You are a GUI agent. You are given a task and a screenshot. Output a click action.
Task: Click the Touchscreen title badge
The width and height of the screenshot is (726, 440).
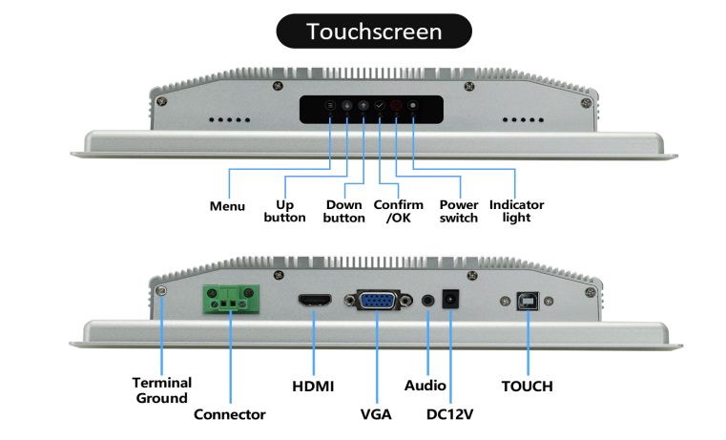tap(374, 31)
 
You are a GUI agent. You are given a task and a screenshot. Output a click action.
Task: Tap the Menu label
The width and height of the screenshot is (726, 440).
tap(227, 206)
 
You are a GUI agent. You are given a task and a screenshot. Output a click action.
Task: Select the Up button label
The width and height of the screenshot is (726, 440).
tap(284, 211)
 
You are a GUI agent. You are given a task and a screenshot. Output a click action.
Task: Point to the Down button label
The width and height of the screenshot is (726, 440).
tap(343, 211)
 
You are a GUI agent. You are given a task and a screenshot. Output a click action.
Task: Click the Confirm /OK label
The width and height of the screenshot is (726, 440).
tap(398, 211)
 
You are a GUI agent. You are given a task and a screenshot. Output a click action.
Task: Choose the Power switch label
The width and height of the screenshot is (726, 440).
tap(458, 211)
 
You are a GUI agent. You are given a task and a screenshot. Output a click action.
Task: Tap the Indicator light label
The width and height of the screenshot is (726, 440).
tap(516, 211)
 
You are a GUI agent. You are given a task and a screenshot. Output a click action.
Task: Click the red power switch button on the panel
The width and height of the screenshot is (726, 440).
tap(396, 106)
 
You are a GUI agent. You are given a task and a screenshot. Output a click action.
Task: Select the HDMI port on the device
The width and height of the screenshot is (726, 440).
tap(313, 302)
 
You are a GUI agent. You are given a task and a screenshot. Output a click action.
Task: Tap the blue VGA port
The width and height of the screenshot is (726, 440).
tap(379, 301)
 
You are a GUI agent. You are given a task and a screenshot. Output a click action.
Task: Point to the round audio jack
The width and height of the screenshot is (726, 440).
tap(427, 301)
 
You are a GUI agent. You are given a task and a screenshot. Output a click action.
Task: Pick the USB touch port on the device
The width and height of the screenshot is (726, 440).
tap(526, 302)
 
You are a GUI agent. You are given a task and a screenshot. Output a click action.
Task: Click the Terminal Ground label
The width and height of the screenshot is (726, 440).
tap(161, 389)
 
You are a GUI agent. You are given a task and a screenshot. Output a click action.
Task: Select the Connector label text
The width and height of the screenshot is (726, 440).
tap(229, 414)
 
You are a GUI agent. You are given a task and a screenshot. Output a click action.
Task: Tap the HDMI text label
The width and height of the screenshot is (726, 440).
tap(313, 386)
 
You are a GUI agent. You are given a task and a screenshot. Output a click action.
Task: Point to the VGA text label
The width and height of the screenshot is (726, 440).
tap(376, 414)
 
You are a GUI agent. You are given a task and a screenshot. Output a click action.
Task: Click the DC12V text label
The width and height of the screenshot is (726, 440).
tap(450, 414)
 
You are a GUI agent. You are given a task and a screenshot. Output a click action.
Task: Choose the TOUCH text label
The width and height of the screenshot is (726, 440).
tap(527, 386)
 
